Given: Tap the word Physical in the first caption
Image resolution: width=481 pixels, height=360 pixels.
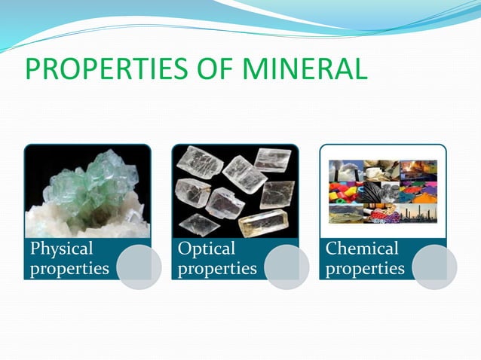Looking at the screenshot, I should coord(60,249).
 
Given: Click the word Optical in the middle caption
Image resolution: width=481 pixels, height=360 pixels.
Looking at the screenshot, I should coord(207,249).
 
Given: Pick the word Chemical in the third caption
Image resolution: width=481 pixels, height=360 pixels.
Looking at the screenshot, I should coord(361,249).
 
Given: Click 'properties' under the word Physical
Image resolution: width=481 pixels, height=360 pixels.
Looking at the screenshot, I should coord(69,268).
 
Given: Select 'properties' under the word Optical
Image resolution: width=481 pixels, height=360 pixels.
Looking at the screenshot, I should coord(216,268).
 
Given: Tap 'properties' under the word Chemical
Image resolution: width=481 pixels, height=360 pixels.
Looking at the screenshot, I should coord(364,268).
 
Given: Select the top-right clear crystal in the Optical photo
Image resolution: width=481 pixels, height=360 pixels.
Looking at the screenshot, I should coord(272,159).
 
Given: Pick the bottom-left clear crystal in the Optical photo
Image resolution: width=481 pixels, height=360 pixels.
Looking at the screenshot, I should coord(199,223).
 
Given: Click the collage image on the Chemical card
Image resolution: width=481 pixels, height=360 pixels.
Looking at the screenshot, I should coord(382,192).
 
